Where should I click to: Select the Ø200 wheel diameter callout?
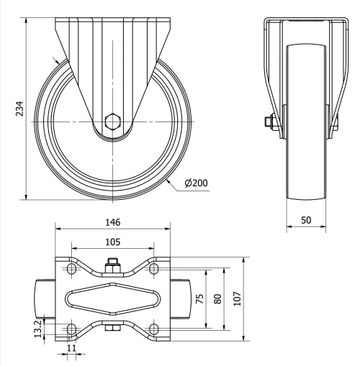pyautogui.click(x=196, y=183)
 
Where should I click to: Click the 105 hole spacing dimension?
pyautogui.click(x=112, y=242)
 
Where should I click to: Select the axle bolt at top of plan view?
pyautogui.click(x=112, y=264)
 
